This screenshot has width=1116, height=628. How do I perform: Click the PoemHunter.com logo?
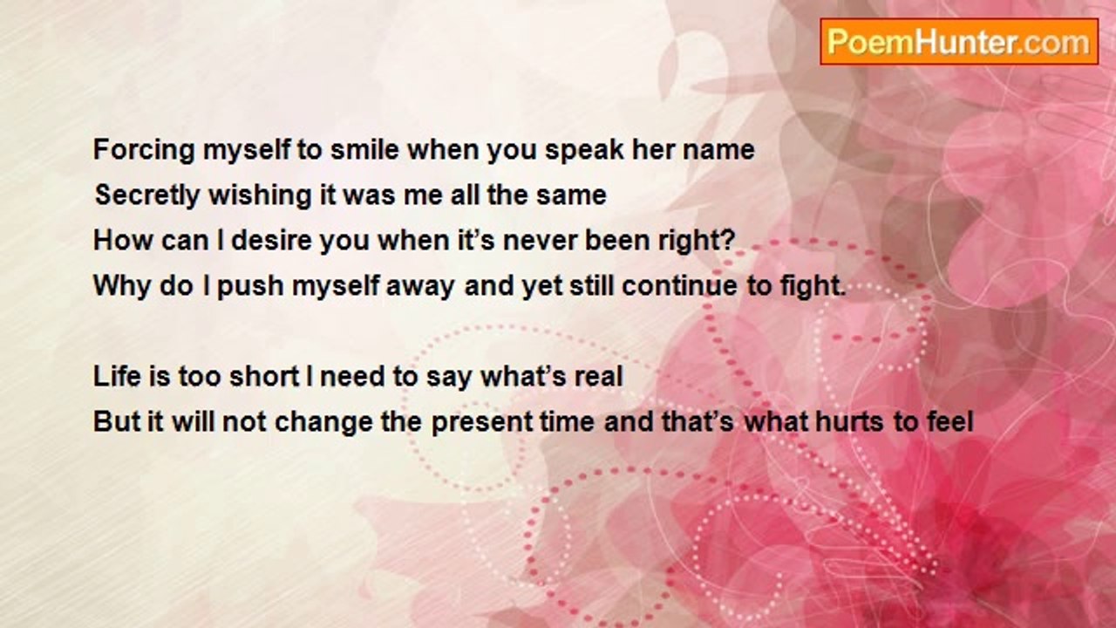(959, 42)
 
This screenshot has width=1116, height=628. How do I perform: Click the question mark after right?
(728, 240)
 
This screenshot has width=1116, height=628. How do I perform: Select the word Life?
(117, 376)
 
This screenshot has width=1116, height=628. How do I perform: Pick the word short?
(263, 376)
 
